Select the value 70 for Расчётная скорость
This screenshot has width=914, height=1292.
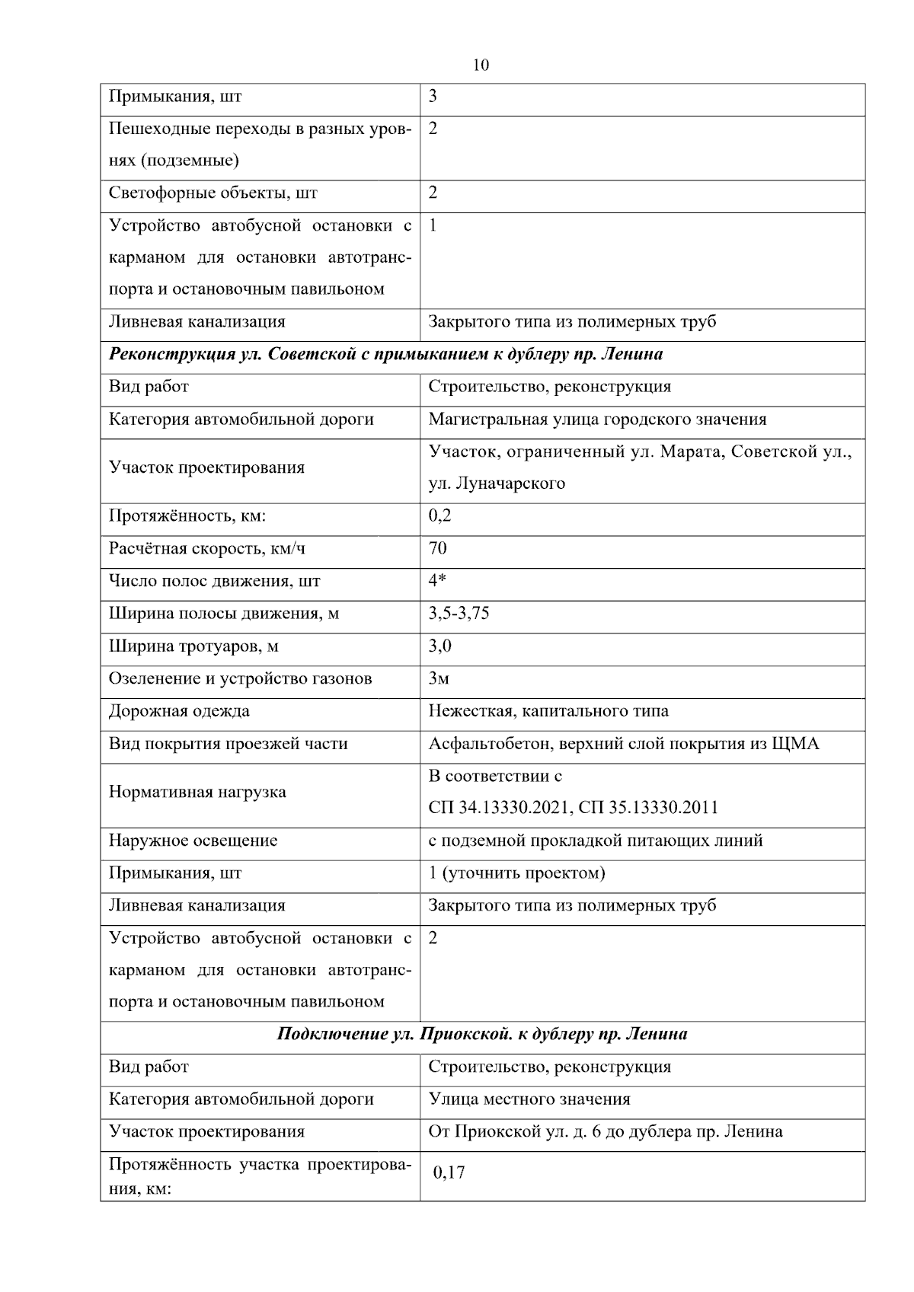click(x=437, y=548)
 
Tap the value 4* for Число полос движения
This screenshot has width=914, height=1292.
click(x=437, y=581)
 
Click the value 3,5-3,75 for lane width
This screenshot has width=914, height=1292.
click(x=459, y=614)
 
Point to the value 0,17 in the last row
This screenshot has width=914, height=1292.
click(x=449, y=1172)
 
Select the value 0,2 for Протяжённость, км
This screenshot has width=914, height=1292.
click(x=439, y=516)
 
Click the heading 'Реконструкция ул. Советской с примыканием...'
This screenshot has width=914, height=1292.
click(x=385, y=354)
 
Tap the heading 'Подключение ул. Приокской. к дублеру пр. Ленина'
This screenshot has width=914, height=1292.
click(x=482, y=1034)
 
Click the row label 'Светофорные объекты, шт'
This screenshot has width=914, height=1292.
click(x=213, y=193)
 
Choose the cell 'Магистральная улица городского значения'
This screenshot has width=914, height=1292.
click(x=597, y=420)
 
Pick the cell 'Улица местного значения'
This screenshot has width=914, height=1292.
click(x=529, y=1099)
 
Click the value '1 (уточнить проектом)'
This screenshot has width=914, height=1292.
click(x=516, y=873)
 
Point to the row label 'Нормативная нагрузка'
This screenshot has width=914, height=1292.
click(x=197, y=792)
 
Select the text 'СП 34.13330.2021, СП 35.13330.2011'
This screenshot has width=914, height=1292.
click(x=573, y=808)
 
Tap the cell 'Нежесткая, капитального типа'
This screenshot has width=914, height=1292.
click(x=548, y=711)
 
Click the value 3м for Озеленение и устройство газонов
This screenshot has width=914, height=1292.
click(x=439, y=678)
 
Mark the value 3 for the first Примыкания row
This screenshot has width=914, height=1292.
click(x=433, y=97)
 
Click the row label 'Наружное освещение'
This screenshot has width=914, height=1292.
click(x=193, y=841)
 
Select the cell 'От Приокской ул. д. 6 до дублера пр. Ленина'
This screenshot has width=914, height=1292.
click(x=606, y=1132)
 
